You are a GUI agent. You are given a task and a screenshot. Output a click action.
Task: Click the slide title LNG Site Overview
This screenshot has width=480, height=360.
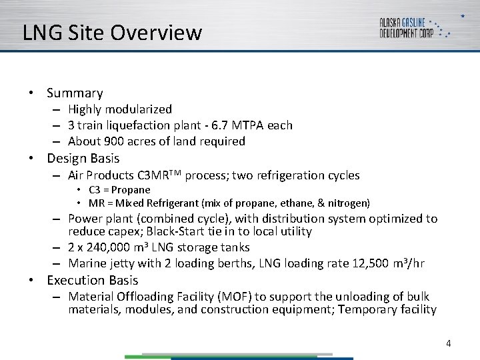pyautogui.click(x=112, y=33)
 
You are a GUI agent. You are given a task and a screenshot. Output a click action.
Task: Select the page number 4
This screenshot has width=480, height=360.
pyautogui.click(x=449, y=343)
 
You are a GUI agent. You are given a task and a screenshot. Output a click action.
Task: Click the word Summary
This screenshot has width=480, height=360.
pyautogui.click(x=75, y=93)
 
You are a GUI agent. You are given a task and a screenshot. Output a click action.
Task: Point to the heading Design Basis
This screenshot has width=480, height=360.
pyautogui.click(x=83, y=159)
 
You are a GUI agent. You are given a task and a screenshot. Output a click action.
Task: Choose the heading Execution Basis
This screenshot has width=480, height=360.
pyautogui.click(x=92, y=280)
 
